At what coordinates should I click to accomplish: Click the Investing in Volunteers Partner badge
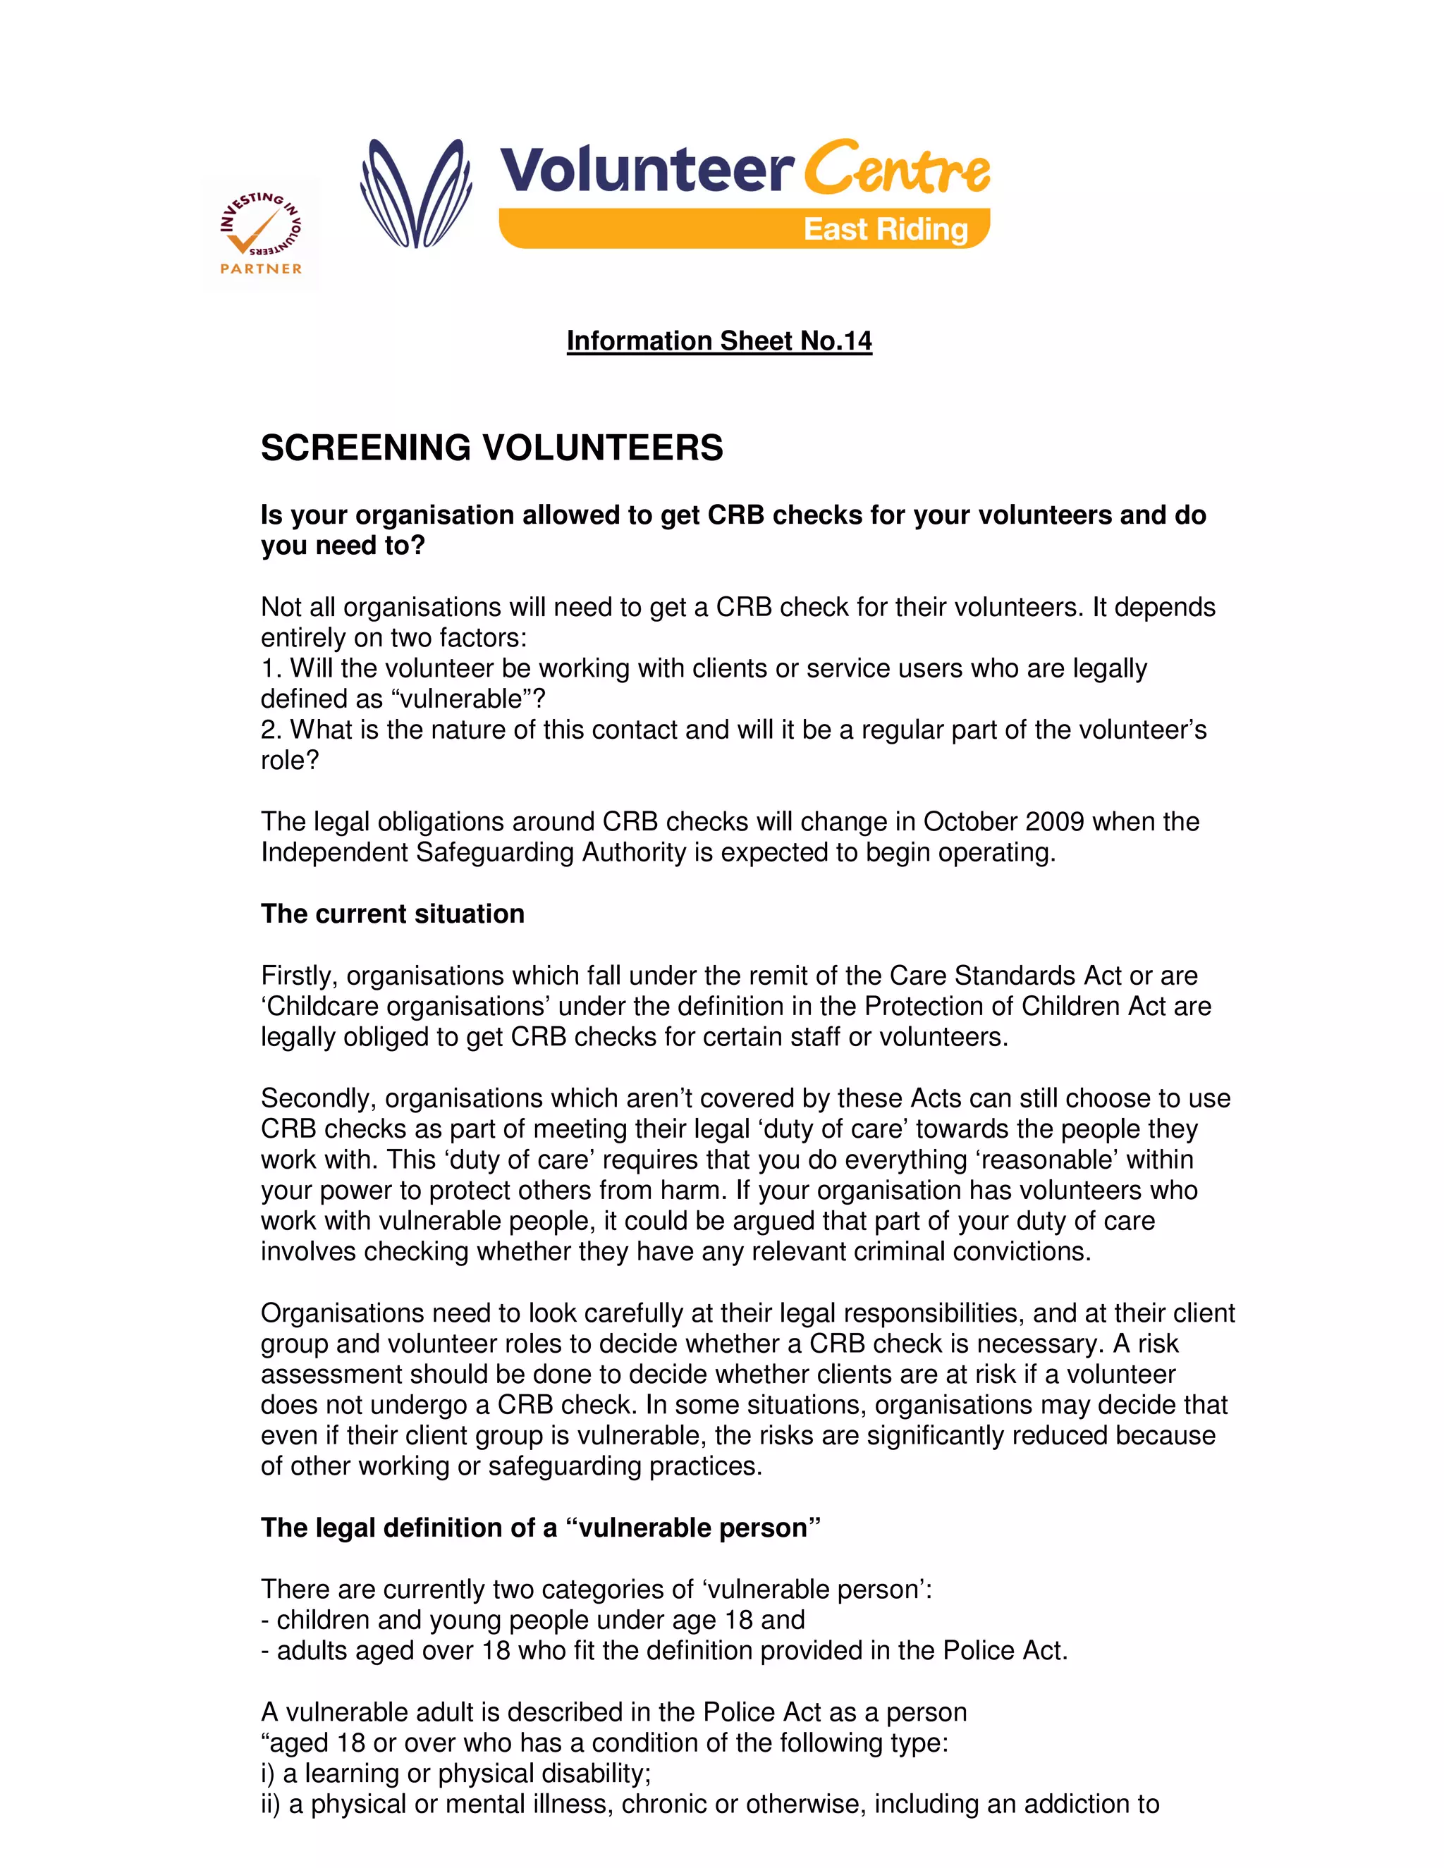click(261, 234)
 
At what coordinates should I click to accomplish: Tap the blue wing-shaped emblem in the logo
click(417, 194)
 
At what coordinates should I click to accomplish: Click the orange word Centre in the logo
click(897, 168)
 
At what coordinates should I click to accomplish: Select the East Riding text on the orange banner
click(886, 229)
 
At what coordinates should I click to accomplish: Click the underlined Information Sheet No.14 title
click(718, 340)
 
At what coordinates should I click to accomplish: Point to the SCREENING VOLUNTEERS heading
click(492, 448)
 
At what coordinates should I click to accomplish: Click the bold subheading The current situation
click(392, 914)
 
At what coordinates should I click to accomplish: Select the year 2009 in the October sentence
click(1054, 821)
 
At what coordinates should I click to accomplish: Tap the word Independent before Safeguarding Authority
click(334, 852)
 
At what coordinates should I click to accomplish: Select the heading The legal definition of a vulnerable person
click(541, 1527)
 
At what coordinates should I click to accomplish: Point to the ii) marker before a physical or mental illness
click(270, 1803)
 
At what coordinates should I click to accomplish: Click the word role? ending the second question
click(289, 761)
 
